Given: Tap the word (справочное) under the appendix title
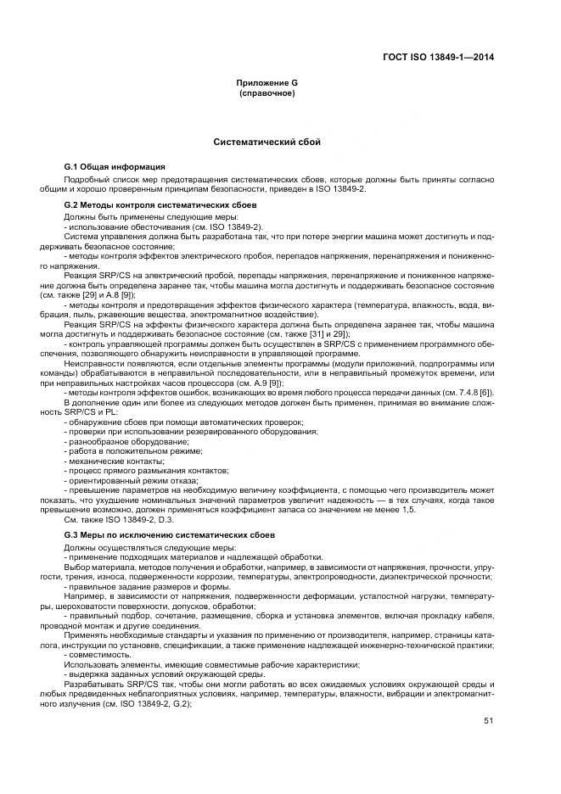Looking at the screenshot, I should pos(266,92).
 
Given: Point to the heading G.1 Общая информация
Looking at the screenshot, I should pos(114,166).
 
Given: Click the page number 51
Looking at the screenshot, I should pos(489,721).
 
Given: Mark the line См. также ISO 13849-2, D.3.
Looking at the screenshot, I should pos(119,519).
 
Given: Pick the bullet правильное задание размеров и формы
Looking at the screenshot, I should pos(148,587).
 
